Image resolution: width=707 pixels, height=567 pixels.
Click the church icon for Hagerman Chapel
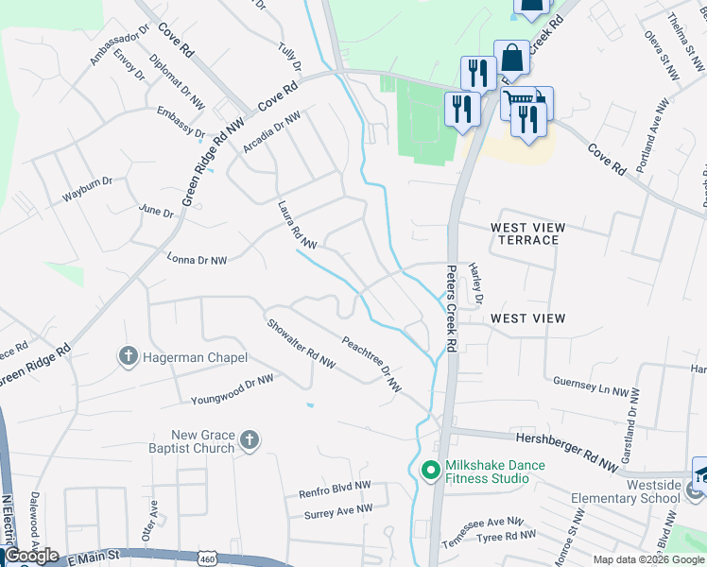129,357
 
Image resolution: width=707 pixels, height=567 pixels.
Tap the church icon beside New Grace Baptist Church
249,439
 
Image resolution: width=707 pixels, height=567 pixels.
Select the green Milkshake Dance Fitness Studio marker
430,470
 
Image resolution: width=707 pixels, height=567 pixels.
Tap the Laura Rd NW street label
296,225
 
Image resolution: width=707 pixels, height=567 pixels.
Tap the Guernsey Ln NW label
592,389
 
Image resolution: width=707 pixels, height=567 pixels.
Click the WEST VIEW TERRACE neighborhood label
527,233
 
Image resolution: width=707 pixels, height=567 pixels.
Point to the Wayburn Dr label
87,180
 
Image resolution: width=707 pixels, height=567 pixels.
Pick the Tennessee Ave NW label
489,521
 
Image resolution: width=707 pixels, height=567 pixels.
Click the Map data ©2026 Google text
649,559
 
